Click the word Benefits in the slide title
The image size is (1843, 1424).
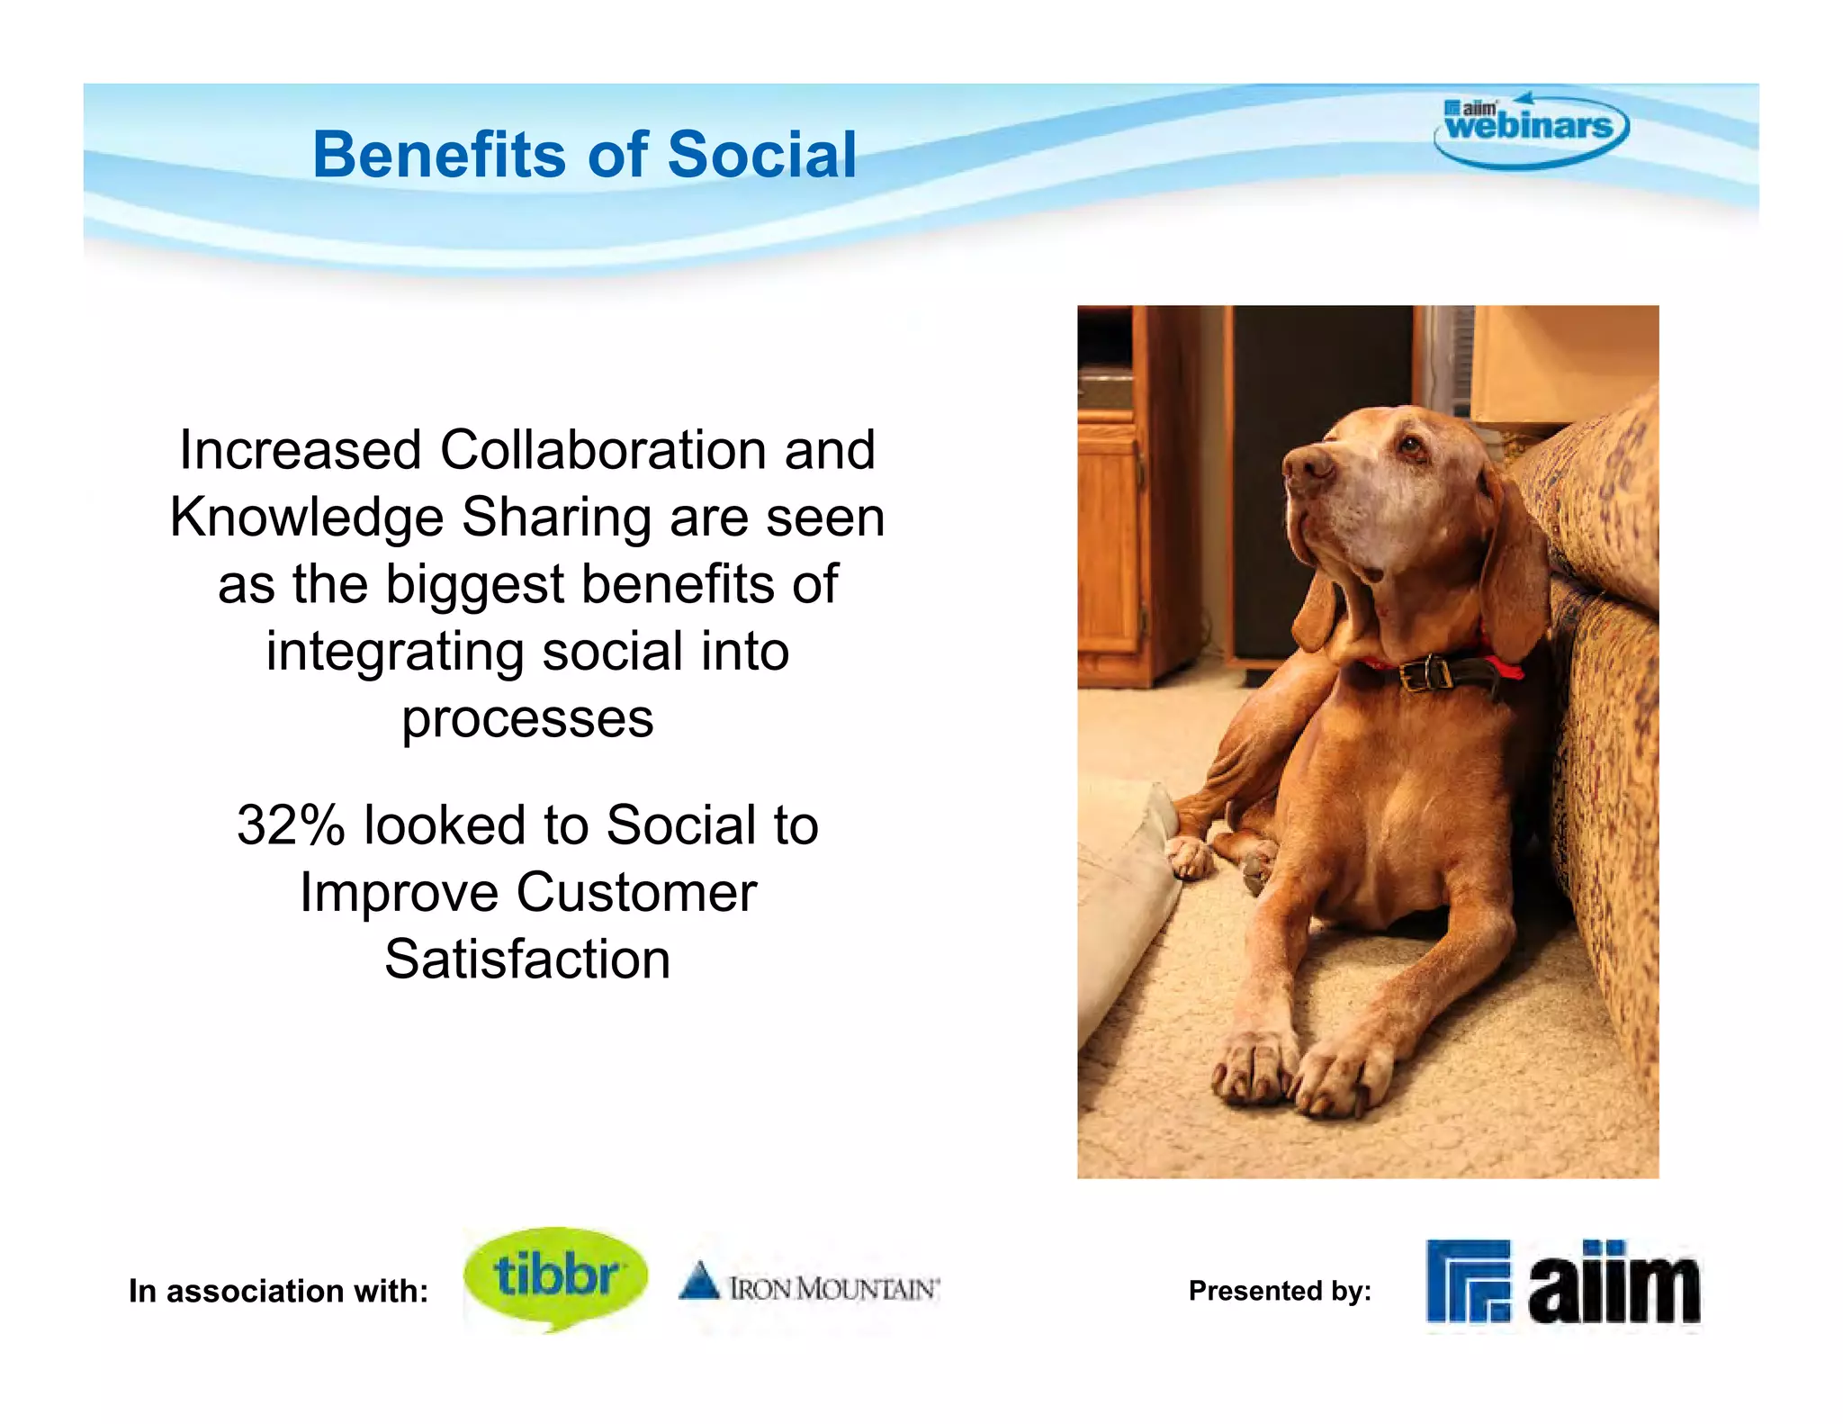(x=438, y=155)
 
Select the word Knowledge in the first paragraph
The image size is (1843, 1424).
(x=306, y=518)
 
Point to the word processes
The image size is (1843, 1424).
(x=527, y=719)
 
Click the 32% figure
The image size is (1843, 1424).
(x=290, y=825)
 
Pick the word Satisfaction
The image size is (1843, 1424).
(x=527, y=960)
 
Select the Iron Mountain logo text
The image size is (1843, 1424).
(x=833, y=1289)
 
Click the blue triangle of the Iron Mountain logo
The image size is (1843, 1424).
(x=699, y=1282)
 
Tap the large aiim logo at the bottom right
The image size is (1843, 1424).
(x=1563, y=1284)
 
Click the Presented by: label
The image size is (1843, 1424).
(x=1279, y=1291)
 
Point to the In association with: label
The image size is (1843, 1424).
(x=278, y=1291)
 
